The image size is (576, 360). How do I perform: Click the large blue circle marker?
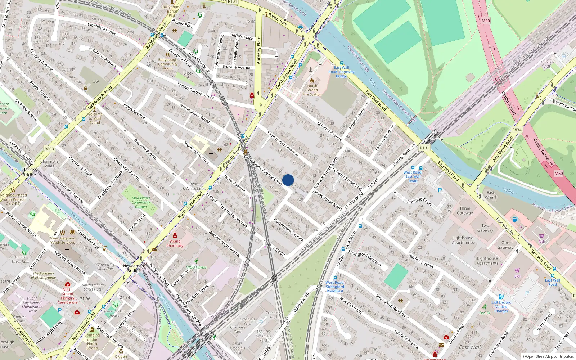pos(288,180)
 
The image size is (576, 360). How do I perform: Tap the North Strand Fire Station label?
pos(312,90)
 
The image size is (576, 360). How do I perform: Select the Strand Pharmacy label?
pos(175,243)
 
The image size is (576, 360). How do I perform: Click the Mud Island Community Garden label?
pos(141,202)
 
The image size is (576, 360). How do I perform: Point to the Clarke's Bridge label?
pos(29,172)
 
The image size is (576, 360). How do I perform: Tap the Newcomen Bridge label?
pos(133,268)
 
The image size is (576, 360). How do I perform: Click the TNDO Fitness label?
pos(196,267)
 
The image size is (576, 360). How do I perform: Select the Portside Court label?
pos(419,201)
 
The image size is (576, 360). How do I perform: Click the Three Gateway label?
pos(465,211)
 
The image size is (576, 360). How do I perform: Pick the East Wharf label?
pos(490,195)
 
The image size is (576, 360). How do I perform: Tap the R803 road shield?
pos(49,149)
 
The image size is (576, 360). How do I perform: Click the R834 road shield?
pos(517,130)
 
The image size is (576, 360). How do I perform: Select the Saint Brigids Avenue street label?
pos(283,143)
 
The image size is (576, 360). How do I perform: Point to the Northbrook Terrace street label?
pos(289,230)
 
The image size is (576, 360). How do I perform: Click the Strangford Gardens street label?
pos(364,258)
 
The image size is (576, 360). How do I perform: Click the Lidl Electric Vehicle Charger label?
pos(501,307)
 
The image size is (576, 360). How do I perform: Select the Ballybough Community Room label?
pos(168,64)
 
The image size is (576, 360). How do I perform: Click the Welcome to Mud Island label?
pos(95,118)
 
